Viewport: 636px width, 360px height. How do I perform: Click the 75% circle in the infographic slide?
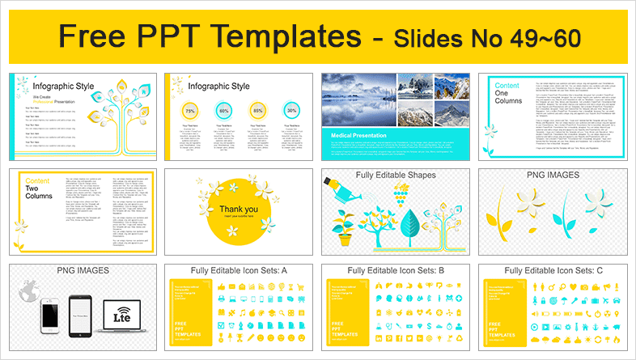190,110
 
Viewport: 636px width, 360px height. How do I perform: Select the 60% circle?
224,110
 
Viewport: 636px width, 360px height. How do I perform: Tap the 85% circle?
258,110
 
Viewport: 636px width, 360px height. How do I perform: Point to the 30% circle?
291,110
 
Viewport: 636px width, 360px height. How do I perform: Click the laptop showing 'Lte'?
115,318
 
